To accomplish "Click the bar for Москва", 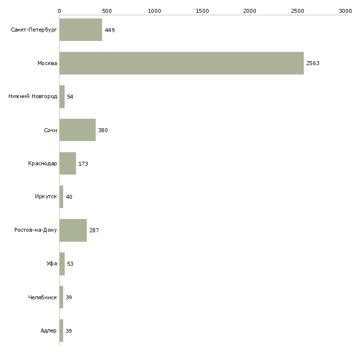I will [181, 63].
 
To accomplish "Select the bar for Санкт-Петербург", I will [80, 30].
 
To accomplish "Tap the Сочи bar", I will [77, 130].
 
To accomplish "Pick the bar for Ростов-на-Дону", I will [73, 230].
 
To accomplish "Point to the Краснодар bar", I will [68, 163].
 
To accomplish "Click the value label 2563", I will [313, 64].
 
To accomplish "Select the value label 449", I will [109, 31].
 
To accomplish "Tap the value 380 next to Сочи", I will [103, 131].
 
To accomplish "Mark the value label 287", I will [94, 231].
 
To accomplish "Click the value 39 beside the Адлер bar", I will [69, 331].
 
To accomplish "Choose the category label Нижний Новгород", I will [33, 97].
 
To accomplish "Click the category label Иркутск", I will [46, 197].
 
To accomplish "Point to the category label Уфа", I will [52, 264].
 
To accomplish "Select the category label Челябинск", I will [43, 297].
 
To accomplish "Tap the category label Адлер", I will [49, 331].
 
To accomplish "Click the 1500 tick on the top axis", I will [202, 10].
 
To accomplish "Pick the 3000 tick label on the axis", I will [345, 10].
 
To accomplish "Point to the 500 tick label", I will [107, 10].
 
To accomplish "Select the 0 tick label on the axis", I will [59, 10].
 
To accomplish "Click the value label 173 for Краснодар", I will [83, 164].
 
